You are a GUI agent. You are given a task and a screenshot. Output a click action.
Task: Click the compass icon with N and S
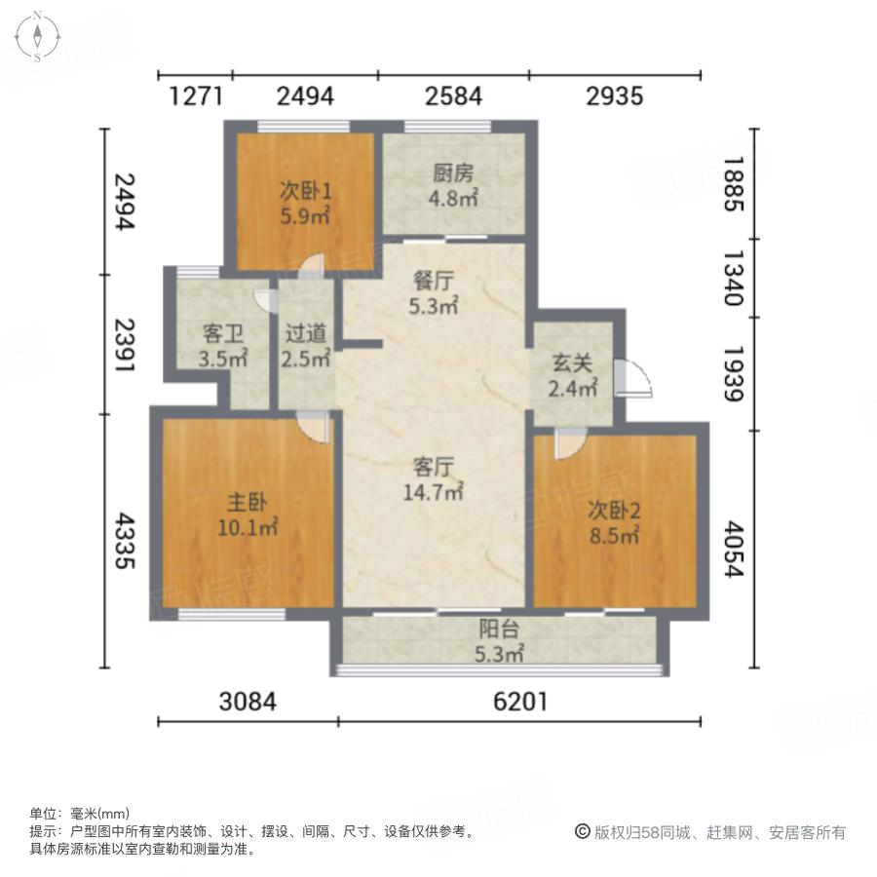36,36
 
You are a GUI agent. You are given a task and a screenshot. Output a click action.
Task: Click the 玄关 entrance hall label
572,376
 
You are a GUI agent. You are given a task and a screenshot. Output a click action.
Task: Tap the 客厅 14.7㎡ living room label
433,479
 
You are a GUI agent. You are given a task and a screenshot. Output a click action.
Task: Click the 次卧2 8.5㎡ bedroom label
613,521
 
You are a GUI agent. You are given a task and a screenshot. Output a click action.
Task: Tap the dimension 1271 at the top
197,95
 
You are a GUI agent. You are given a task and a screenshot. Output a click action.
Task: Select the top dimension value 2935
615,95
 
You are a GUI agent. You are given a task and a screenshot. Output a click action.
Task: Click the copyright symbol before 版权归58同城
583,831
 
